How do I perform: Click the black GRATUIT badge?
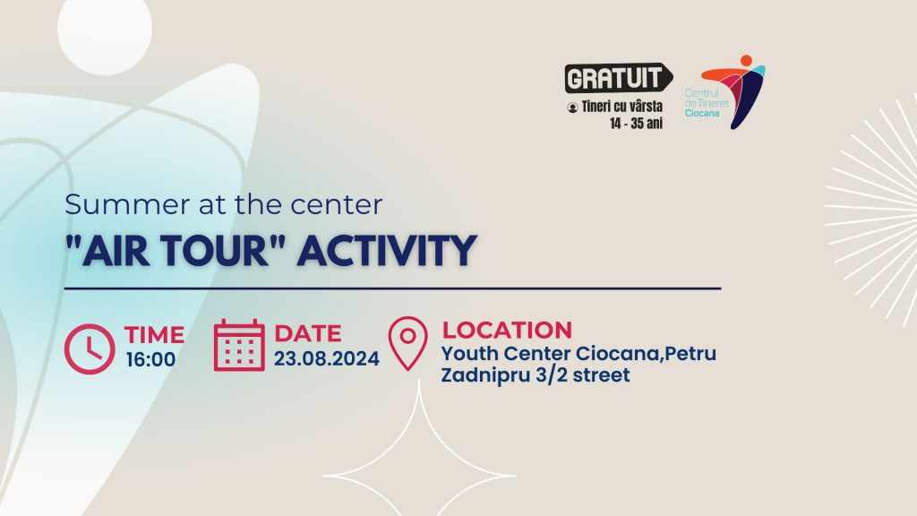tap(619, 78)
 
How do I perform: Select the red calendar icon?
tap(239, 345)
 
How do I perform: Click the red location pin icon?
tap(407, 343)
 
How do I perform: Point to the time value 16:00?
tap(150, 359)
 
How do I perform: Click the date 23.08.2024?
tap(327, 358)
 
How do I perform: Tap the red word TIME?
tap(154, 335)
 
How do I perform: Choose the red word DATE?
tap(308, 333)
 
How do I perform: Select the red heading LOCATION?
tap(507, 330)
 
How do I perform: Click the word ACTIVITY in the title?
tap(387, 251)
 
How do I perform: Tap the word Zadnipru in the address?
tap(484, 375)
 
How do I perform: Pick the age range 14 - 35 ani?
tap(636, 124)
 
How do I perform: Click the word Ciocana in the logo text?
tap(702, 113)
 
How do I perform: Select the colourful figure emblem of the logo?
tap(733, 92)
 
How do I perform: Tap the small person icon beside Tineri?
tap(572, 107)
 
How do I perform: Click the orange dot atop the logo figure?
tap(746, 60)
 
